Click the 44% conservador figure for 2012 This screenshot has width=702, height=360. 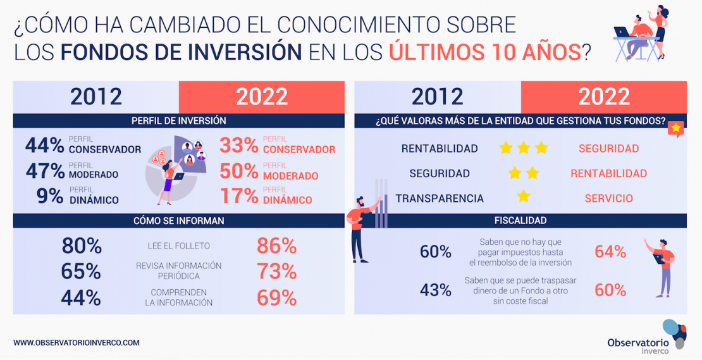click(45, 146)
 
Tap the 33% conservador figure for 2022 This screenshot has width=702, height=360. click(239, 146)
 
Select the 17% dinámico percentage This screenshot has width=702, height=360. click(239, 196)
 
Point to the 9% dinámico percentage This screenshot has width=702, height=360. click(50, 196)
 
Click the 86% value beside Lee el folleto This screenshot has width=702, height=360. click(277, 245)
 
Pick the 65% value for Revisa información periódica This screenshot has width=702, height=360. click(81, 271)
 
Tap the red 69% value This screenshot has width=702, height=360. click(277, 297)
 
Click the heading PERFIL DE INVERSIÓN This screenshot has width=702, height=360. click(178, 120)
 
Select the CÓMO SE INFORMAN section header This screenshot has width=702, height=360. click(178, 221)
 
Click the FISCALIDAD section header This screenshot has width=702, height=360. click(520, 221)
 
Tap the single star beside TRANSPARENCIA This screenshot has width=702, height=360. click(523, 196)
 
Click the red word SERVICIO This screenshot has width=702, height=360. click(608, 198)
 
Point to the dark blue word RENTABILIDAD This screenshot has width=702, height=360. click(440, 149)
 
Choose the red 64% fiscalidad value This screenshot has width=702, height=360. click(610, 252)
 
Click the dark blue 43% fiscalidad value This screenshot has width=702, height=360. click(436, 290)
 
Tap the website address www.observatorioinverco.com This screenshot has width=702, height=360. click(76, 342)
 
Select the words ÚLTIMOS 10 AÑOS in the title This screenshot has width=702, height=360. click(485, 51)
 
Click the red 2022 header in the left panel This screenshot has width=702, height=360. click(262, 97)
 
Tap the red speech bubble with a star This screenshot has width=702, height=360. click(675, 128)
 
